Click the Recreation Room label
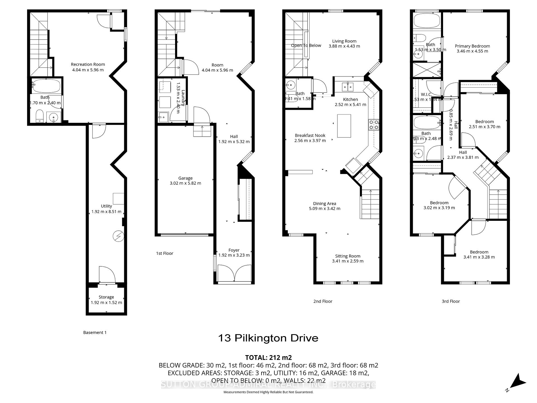(88, 64)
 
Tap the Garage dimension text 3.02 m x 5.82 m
(185, 183)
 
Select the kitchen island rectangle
(344, 126)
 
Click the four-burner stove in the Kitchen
(374, 125)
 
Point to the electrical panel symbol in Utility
(118, 236)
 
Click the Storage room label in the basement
(106, 297)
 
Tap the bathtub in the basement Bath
(46, 86)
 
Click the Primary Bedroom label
(472, 46)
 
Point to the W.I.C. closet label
(426, 94)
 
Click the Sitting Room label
(348, 256)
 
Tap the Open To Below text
(306, 45)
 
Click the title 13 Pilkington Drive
(268, 338)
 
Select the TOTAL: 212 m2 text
(268, 357)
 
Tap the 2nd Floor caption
(323, 301)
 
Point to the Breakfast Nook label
(310, 135)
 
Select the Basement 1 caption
(95, 332)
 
